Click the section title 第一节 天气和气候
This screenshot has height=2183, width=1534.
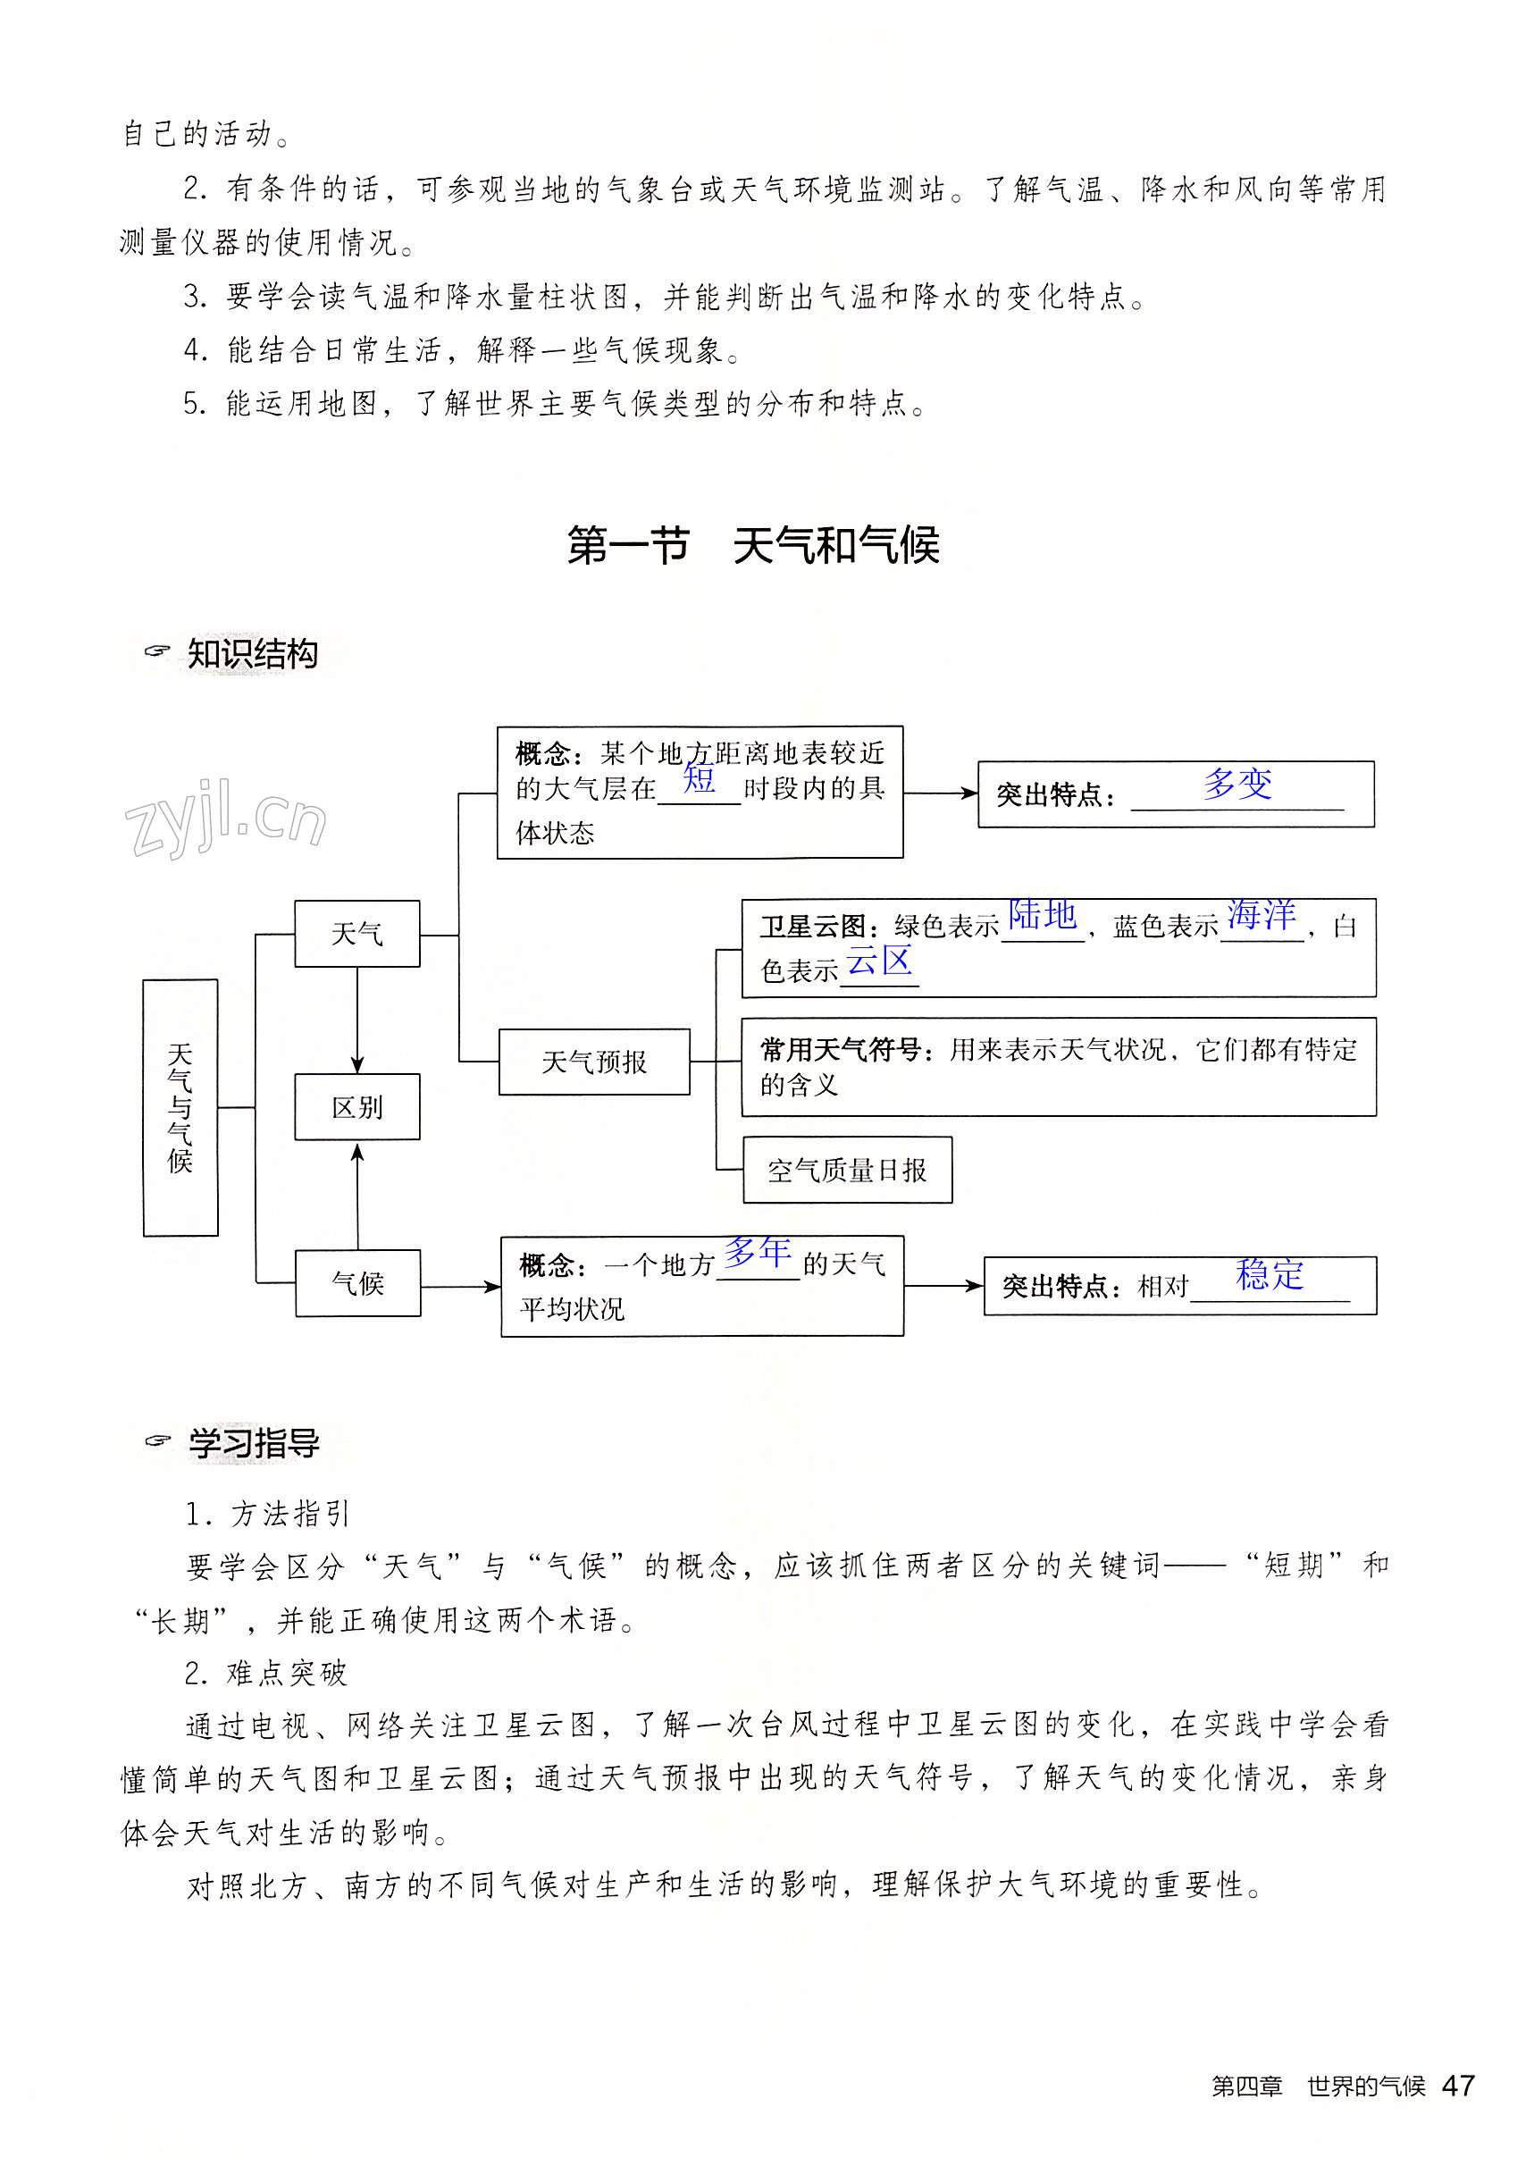[x=753, y=546]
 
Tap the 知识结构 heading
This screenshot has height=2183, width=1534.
[x=252, y=654]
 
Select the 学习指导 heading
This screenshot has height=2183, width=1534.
[x=253, y=1442]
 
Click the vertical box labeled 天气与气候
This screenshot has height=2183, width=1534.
[x=180, y=1107]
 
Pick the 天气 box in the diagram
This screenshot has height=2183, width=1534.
[x=357, y=934]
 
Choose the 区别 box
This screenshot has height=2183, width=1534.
[x=357, y=1107]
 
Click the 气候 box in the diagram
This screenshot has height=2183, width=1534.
[x=357, y=1282]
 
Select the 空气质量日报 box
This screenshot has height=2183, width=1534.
[x=847, y=1170]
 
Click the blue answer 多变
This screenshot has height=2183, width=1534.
[x=1236, y=784]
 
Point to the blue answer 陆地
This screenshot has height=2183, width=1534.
[x=1042, y=915]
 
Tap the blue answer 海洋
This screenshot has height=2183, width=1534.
[x=1262, y=915]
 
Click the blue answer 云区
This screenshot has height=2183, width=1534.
[x=879, y=961]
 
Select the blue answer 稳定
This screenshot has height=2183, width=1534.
[x=1270, y=1274]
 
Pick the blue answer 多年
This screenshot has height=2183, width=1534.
[x=758, y=1252]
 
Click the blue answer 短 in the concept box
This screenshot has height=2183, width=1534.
[x=699, y=779]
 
